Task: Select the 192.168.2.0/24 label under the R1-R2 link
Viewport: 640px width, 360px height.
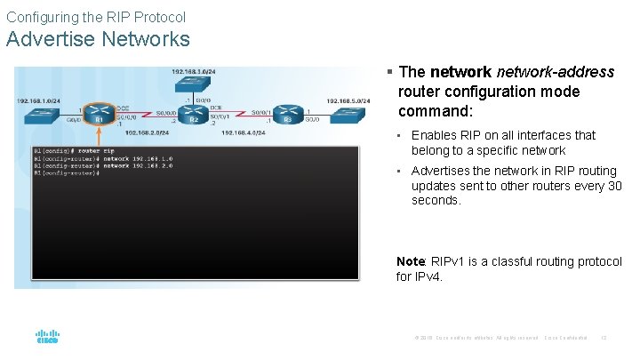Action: [147, 132]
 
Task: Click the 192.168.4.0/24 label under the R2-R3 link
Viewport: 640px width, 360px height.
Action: [243, 132]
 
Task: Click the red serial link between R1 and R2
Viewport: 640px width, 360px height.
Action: [147, 114]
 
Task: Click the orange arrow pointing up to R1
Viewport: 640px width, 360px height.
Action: [100, 136]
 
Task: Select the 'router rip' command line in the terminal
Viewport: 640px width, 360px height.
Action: [74, 150]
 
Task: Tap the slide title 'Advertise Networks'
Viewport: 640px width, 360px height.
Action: [98, 39]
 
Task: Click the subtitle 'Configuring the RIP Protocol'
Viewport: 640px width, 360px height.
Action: [96, 17]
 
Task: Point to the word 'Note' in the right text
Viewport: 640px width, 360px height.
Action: [411, 261]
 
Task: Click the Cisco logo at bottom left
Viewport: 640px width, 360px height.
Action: [47, 338]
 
